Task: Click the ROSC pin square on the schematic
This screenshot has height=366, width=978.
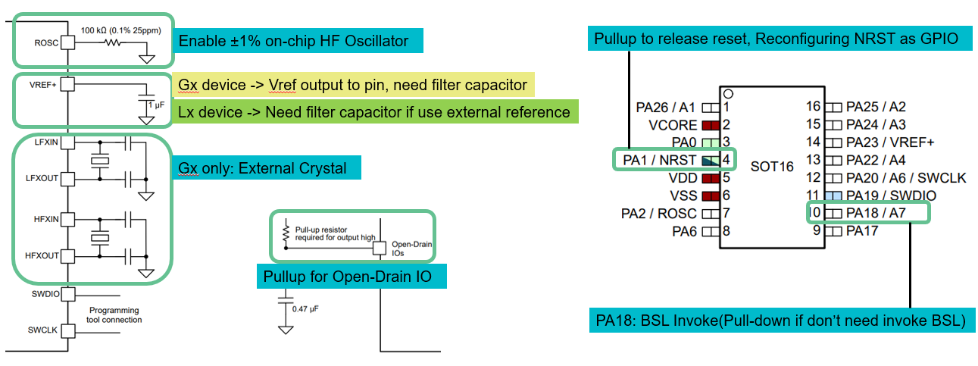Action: point(67,43)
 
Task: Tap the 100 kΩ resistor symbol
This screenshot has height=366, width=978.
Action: point(113,43)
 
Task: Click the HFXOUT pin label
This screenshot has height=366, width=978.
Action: point(43,256)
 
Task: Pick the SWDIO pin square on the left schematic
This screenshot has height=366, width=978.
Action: point(67,294)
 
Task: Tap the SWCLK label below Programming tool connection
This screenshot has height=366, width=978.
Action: point(43,330)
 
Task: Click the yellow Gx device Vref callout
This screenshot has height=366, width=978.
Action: point(352,85)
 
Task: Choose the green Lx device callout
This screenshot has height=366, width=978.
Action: point(374,112)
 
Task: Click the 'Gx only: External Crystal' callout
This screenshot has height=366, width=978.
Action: point(262,167)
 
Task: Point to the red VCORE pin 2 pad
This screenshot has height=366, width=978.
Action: point(710,124)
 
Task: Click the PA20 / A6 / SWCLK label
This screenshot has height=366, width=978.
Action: point(906,178)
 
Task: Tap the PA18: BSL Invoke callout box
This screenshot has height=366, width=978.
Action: point(781,321)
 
